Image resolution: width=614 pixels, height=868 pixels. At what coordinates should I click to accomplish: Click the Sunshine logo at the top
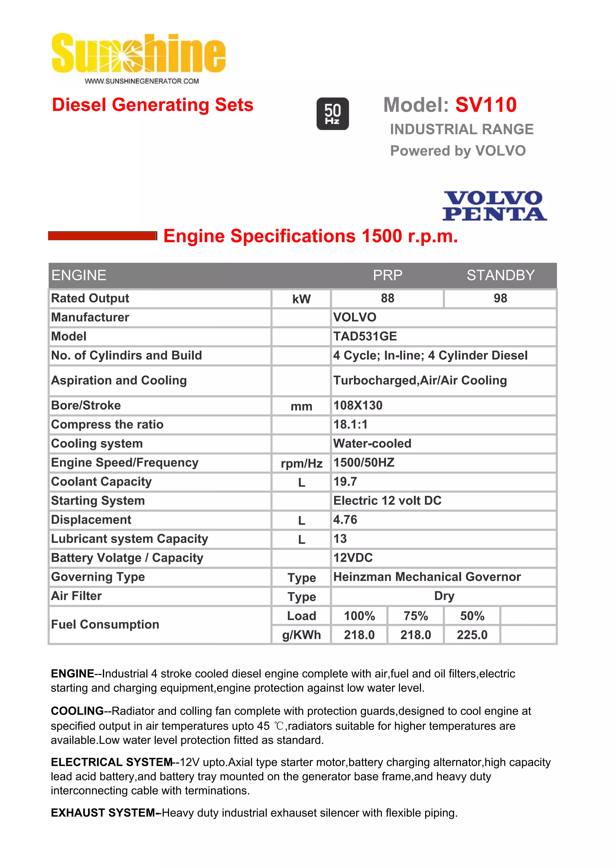click(139, 54)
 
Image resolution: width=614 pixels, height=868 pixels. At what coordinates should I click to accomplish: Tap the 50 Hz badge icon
click(332, 114)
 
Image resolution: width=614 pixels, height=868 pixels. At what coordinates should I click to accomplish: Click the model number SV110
click(486, 105)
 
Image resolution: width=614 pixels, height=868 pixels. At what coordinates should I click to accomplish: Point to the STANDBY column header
click(500, 275)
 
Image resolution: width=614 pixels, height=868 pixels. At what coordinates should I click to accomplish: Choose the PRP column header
click(387, 275)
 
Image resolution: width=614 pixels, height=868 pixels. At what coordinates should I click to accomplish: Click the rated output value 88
click(387, 298)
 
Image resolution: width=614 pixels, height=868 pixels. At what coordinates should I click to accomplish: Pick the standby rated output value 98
click(500, 298)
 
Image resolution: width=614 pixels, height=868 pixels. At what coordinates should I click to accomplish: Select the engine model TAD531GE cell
click(365, 336)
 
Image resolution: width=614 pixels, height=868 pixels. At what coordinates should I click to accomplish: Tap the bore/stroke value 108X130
click(358, 405)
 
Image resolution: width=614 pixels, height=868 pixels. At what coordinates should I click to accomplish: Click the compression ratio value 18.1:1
click(350, 424)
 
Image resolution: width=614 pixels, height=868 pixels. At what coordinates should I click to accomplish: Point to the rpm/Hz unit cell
click(302, 463)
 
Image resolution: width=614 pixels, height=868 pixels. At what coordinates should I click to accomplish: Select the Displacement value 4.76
click(345, 520)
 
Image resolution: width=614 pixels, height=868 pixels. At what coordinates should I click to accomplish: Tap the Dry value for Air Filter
click(444, 596)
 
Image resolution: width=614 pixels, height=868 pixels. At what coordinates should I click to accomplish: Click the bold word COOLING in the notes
click(77, 711)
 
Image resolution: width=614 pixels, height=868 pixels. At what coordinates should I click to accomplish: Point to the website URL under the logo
click(142, 81)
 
